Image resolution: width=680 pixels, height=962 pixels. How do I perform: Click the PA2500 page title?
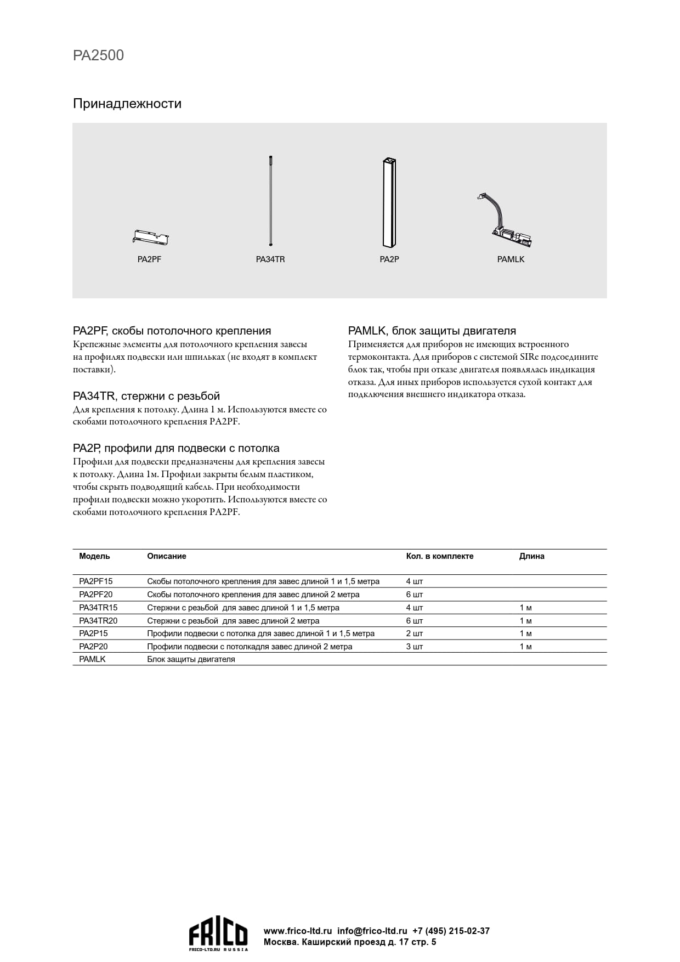pos(98,55)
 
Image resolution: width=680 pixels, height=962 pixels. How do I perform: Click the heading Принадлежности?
pos(127,104)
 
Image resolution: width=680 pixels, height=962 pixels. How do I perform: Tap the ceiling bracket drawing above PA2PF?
pos(150,237)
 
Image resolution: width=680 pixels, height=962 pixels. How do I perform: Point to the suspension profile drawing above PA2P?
pos(389,202)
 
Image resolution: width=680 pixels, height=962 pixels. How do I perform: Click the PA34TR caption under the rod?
pos(270,259)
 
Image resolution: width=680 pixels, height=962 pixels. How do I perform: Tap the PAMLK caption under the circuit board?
pos(511,259)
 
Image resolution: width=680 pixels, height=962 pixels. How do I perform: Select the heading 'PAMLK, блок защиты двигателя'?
pos(432,331)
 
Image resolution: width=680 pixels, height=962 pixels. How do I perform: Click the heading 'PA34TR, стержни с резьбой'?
pos(146,396)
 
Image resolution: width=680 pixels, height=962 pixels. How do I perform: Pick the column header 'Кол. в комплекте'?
pos(439,556)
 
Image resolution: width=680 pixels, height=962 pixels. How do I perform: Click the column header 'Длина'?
pos(531,556)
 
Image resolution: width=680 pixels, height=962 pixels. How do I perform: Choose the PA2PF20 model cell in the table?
pos(95,595)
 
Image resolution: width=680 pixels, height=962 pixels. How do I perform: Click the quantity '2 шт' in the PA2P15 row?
pos(414,633)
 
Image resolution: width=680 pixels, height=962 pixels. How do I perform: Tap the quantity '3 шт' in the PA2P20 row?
pos(414,647)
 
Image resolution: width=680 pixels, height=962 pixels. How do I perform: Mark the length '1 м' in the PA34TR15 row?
pos(525,608)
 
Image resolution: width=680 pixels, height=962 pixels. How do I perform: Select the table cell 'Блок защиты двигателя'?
pos(191,659)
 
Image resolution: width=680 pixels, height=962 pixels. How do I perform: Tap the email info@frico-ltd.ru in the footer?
pos(372,931)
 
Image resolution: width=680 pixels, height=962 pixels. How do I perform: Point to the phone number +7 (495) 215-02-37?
pos(451,931)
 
